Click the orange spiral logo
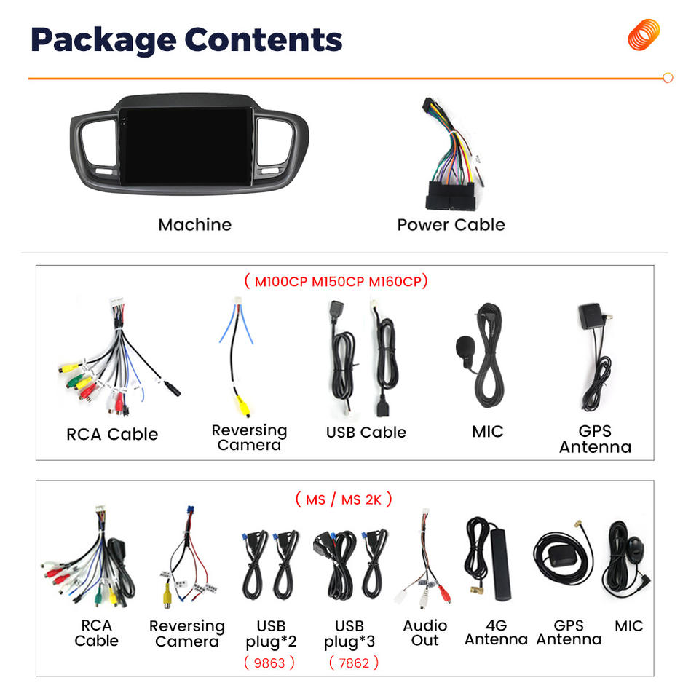click(644, 35)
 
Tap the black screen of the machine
click(187, 146)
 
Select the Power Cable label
click(451, 224)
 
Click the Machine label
click(194, 224)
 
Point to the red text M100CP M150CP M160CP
click(336, 281)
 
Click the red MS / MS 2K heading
click(344, 499)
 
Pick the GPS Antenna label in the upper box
click(595, 439)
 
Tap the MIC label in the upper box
click(487, 431)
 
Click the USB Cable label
click(366, 432)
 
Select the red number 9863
click(269, 663)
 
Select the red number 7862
click(353, 663)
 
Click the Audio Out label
click(425, 633)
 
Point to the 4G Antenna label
click(496, 633)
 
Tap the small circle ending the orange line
click(668, 78)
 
